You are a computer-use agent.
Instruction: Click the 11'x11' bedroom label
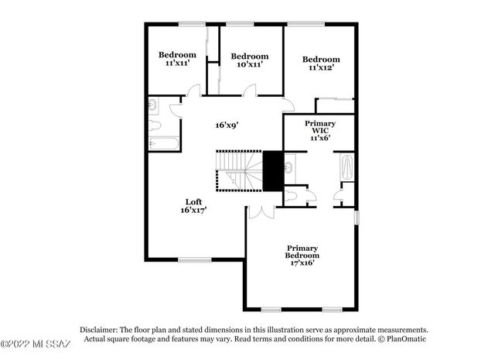177,59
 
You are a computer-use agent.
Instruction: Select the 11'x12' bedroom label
320,64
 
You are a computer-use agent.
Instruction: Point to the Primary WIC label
319,130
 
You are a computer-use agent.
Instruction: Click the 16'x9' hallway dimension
226,124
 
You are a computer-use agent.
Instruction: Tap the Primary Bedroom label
302,255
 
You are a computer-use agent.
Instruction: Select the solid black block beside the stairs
271,170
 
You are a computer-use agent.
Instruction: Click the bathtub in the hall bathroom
163,143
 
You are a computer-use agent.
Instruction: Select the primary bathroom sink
288,166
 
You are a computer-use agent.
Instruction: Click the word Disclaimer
97,329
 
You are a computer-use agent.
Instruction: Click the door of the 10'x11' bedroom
251,91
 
